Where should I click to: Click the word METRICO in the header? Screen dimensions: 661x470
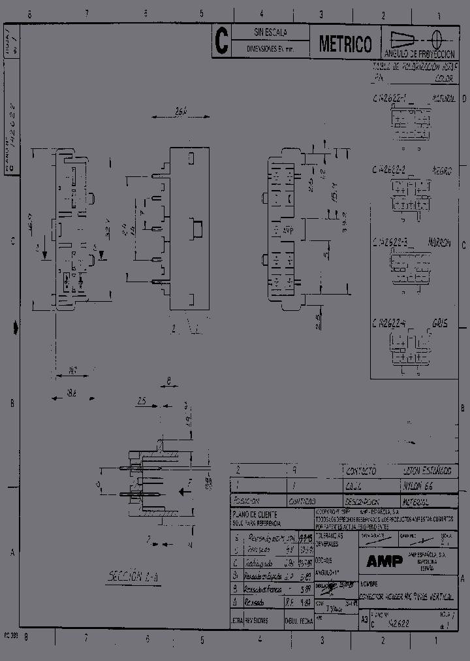tap(345, 44)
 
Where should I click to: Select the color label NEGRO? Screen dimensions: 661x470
tap(441, 170)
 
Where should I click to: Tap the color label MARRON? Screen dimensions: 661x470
tap(439, 242)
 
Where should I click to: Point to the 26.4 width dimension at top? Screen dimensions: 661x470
tap(181, 111)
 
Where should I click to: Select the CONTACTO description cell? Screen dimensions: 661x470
tap(360, 470)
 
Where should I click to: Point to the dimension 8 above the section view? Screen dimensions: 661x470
tap(168, 379)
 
